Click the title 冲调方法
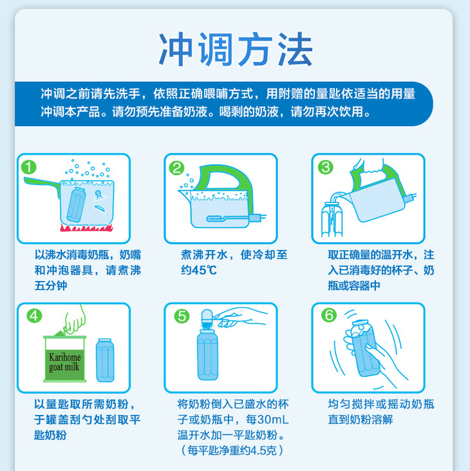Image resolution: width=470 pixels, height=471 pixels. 236,50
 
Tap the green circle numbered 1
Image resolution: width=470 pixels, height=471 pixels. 29,168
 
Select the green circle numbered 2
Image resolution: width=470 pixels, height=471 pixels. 176,168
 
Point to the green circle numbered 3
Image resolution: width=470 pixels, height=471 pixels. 326,168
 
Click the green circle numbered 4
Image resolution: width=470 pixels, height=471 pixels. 34,316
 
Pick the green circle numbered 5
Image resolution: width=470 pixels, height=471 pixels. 182,316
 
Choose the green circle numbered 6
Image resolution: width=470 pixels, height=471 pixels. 329,315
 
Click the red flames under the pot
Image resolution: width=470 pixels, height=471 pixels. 86,227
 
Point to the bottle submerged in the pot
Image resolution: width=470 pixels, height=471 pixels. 76,205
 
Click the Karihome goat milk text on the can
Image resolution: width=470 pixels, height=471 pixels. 64,362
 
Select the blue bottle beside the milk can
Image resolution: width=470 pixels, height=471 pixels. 105,360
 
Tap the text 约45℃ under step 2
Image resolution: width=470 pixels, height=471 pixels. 199,271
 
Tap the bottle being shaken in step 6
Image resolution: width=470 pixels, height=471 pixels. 364,349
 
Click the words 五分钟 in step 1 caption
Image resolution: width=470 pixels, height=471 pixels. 51,285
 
